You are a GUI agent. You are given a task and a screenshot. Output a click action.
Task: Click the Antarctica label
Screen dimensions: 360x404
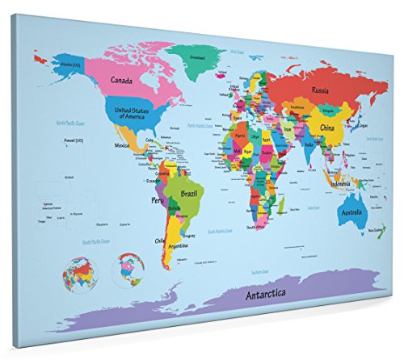(267, 295)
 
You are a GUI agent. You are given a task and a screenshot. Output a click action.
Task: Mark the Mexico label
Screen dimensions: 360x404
(122, 145)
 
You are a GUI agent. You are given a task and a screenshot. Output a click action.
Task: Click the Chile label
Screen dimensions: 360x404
(161, 240)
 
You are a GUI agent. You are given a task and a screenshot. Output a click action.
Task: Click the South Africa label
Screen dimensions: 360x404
(258, 227)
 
